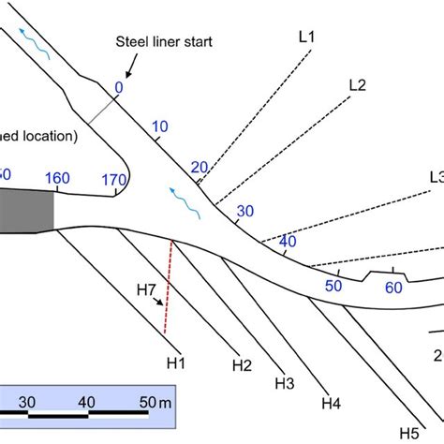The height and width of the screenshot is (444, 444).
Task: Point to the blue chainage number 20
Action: click(x=199, y=168)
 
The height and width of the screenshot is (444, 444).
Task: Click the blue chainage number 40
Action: click(x=288, y=241)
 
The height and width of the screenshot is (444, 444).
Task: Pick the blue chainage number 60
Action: click(x=393, y=287)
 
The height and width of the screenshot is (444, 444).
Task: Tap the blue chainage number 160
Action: click(x=57, y=178)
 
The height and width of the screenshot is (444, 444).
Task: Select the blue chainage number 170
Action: click(x=114, y=179)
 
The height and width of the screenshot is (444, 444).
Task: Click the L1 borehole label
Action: click(x=306, y=37)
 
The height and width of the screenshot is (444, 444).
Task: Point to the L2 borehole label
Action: click(x=357, y=84)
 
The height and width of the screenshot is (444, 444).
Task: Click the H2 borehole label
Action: click(x=243, y=364)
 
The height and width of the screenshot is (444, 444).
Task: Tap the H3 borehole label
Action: click(x=285, y=383)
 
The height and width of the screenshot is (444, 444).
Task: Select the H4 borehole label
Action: click(x=331, y=404)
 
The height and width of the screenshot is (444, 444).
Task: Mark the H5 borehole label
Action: click(x=408, y=432)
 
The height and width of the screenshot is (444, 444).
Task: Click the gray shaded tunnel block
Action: click(x=26, y=209)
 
